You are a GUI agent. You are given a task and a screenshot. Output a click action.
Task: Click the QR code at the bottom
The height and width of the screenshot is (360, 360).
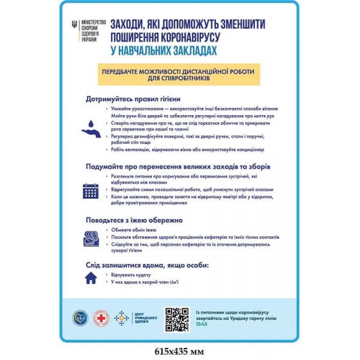[x=177, y=319]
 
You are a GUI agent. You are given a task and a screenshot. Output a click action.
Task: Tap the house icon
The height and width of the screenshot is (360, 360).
[x=90, y=278]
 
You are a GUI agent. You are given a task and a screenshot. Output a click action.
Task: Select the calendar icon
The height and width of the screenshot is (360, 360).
[x=90, y=191]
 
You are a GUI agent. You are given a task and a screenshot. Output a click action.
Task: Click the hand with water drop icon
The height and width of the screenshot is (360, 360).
[x=91, y=128]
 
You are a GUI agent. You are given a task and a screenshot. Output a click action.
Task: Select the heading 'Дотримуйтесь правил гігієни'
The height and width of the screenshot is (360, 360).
[x=133, y=99]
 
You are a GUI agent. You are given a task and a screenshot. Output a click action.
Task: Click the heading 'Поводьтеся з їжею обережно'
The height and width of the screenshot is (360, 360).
[x=134, y=220]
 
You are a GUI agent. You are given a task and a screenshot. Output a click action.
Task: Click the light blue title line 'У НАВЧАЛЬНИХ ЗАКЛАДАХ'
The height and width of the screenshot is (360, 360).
[x=164, y=50]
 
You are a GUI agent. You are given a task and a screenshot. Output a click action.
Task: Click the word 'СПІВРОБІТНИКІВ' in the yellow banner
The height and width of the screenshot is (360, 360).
[x=179, y=78]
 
